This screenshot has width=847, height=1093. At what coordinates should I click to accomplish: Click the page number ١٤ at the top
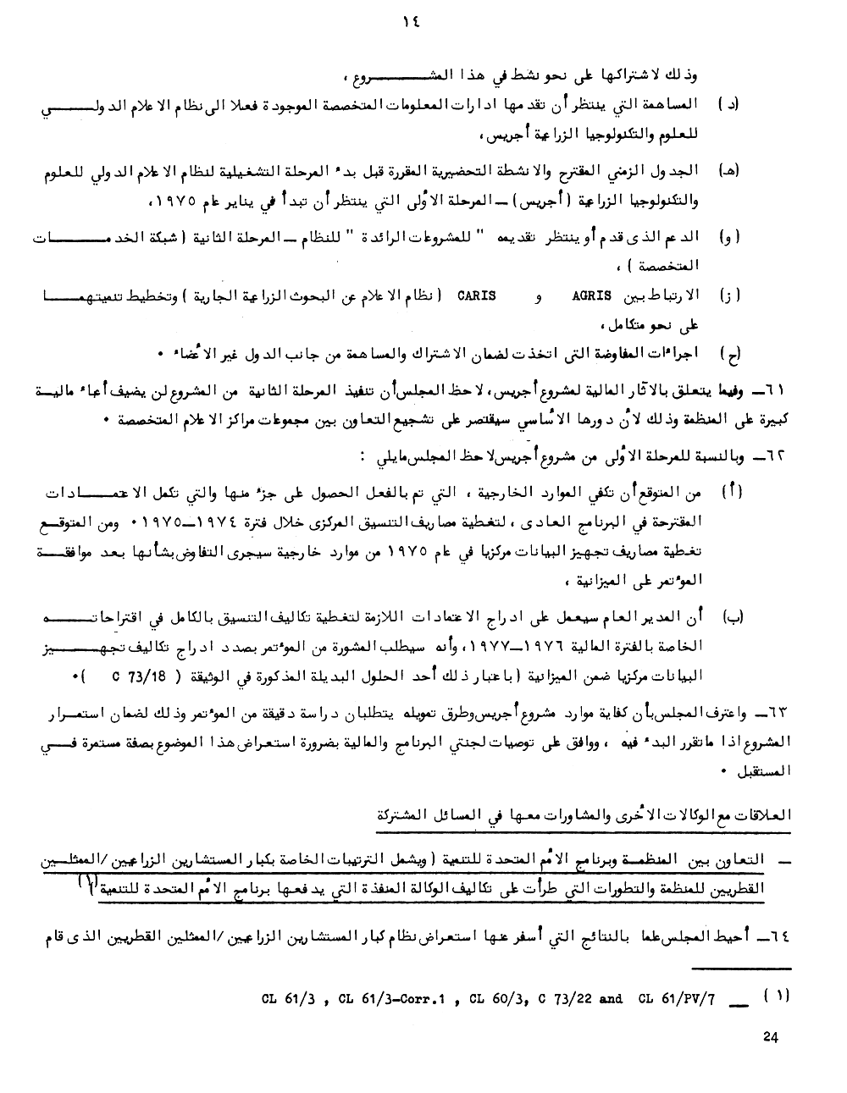tap(412, 25)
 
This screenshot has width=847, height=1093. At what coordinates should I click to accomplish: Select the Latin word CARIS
tap(475, 295)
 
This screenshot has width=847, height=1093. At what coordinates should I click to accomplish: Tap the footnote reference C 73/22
tap(563, 998)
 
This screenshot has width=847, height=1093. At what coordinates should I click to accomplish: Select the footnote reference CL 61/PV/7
tap(677, 998)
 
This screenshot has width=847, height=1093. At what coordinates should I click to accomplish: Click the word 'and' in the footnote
tap(611, 998)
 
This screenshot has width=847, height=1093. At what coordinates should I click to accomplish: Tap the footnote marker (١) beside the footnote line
tap(777, 996)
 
